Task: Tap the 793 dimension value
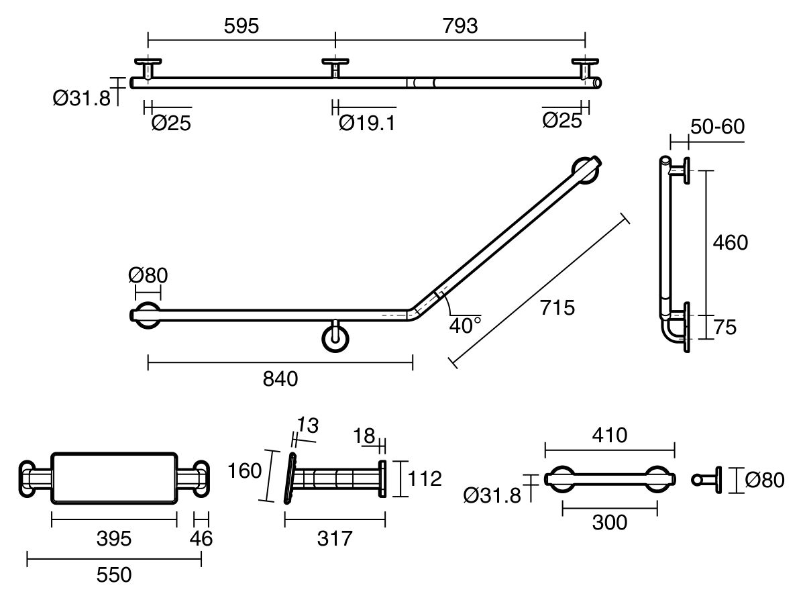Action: (x=460, y=26)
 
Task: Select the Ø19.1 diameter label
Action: (x=366, y=123)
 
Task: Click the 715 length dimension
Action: (x=558, y=308)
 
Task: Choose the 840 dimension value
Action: (x=280, y=379)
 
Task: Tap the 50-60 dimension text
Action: (x=716, y=126)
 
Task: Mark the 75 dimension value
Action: (x=725, y=328)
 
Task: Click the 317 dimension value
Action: (x=333, y=538)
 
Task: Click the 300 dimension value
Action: (x=609, y=522)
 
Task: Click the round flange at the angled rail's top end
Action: (x=586, y=170)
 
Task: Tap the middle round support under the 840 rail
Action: (x=335, y=338)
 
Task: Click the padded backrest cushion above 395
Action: (x=114, y=478)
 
